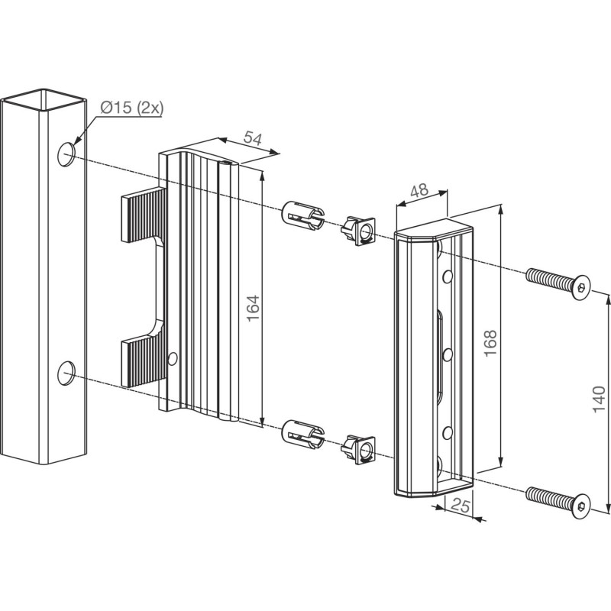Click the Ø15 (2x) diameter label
tap(131, 108)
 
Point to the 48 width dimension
tap(419, 192)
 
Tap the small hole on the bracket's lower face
tap(174, 357)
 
